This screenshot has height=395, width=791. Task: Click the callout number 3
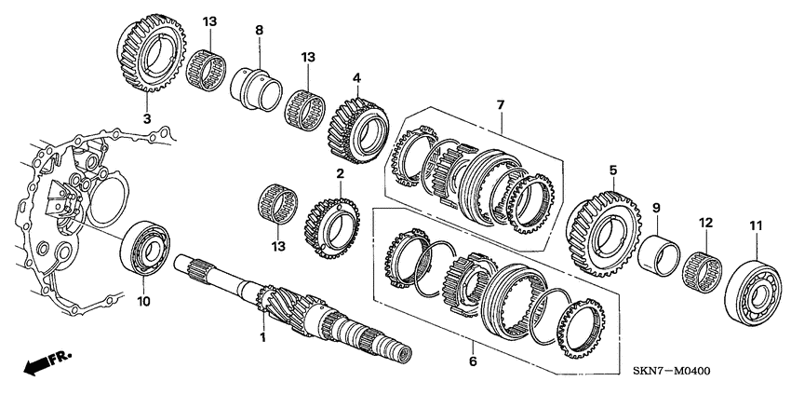click(x=146, y=119)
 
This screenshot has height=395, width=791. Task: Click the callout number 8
click(x=260, y=30)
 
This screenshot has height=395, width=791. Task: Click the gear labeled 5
click(x=602, y=228)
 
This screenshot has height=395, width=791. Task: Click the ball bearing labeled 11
click(x=755, y=284)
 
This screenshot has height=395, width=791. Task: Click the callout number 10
click(x=143, y=302)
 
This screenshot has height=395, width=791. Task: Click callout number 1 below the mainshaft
click(x=262, y=337)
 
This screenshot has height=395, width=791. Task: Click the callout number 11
click(x=755, y=225)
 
